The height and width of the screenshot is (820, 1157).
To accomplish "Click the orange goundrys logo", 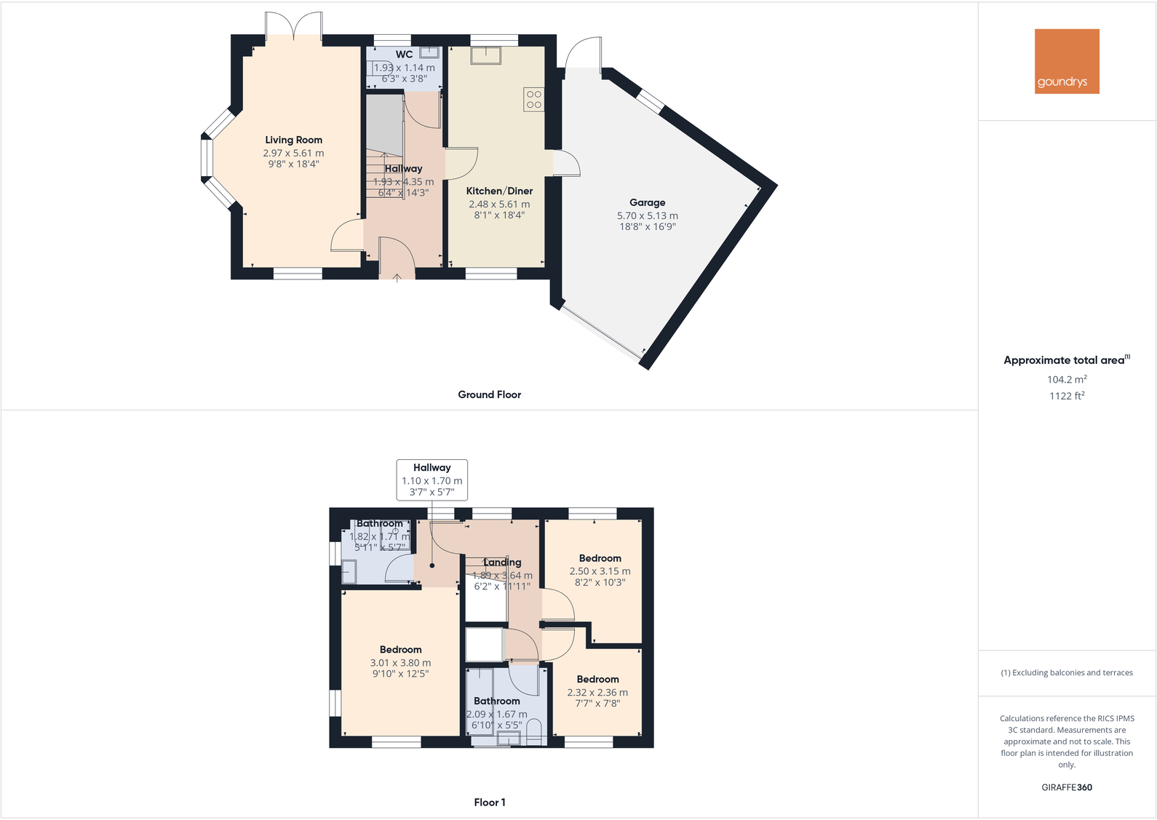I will [x=1067, y=61].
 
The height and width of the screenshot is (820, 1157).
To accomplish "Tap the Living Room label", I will [x=293, y=140].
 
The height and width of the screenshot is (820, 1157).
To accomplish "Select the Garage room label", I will [x=647, y=202].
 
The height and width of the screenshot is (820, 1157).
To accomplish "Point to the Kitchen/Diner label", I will [x=499, y=191].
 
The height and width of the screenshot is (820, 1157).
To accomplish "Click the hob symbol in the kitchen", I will [x=533, y=100].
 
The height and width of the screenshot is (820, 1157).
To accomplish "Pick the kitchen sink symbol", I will [x=485, y=55].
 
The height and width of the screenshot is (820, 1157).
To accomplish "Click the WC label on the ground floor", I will [x=404, y=54].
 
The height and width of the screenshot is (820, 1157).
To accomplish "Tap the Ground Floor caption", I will [x=489, y=394].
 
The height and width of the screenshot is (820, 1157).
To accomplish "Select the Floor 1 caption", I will [x=489, y=802].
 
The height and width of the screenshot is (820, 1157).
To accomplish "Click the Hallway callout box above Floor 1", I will [x=432, y=479].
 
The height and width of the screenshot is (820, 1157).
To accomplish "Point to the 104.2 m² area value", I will [x=1067, y=379].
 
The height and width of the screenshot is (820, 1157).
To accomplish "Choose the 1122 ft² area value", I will [x=1067, y=396].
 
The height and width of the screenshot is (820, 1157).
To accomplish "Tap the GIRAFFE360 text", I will [x=1067, y=787].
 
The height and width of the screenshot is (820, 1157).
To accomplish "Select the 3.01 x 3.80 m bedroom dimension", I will [x=400, y=663].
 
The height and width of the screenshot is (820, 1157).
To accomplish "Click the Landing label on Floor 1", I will [x=502, y=562].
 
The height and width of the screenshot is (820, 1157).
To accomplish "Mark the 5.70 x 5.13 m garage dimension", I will [x=647, y=215].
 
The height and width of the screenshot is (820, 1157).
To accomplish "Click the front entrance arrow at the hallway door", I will [x=397, y=277].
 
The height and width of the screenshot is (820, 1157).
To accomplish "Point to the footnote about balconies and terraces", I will [x=1067, y=672].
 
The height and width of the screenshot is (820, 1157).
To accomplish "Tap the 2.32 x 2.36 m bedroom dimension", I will [x=597, y=693].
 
